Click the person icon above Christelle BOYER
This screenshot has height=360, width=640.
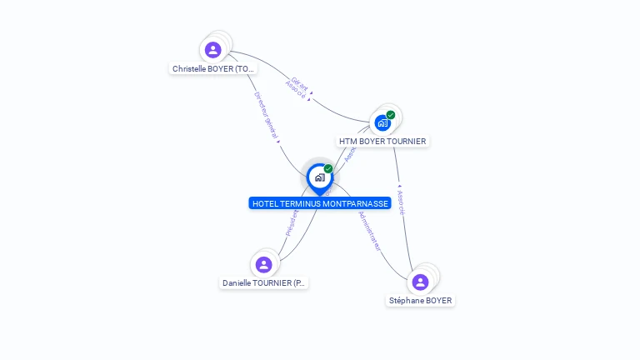click(213, 50)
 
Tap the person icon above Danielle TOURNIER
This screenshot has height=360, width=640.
click(264, 265)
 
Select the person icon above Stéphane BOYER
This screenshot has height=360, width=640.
click(420, 282)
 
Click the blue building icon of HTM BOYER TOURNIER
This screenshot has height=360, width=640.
click(382, 123)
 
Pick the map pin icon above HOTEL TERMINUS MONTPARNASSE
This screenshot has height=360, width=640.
click(318, 177)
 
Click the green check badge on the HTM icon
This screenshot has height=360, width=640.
click(391, 115)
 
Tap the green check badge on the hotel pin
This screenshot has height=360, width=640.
click(328, 168)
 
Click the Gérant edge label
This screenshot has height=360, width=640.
click(300, 84)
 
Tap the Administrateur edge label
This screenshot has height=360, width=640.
click(369, 230)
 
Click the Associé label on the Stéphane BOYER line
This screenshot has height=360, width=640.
click(401, 202)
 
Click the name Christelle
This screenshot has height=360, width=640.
click(190, 69)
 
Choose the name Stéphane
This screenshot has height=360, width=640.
click(407, 301)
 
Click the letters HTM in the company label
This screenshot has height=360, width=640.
click(347, 142)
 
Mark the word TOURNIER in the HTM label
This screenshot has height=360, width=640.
click(407, 142)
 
